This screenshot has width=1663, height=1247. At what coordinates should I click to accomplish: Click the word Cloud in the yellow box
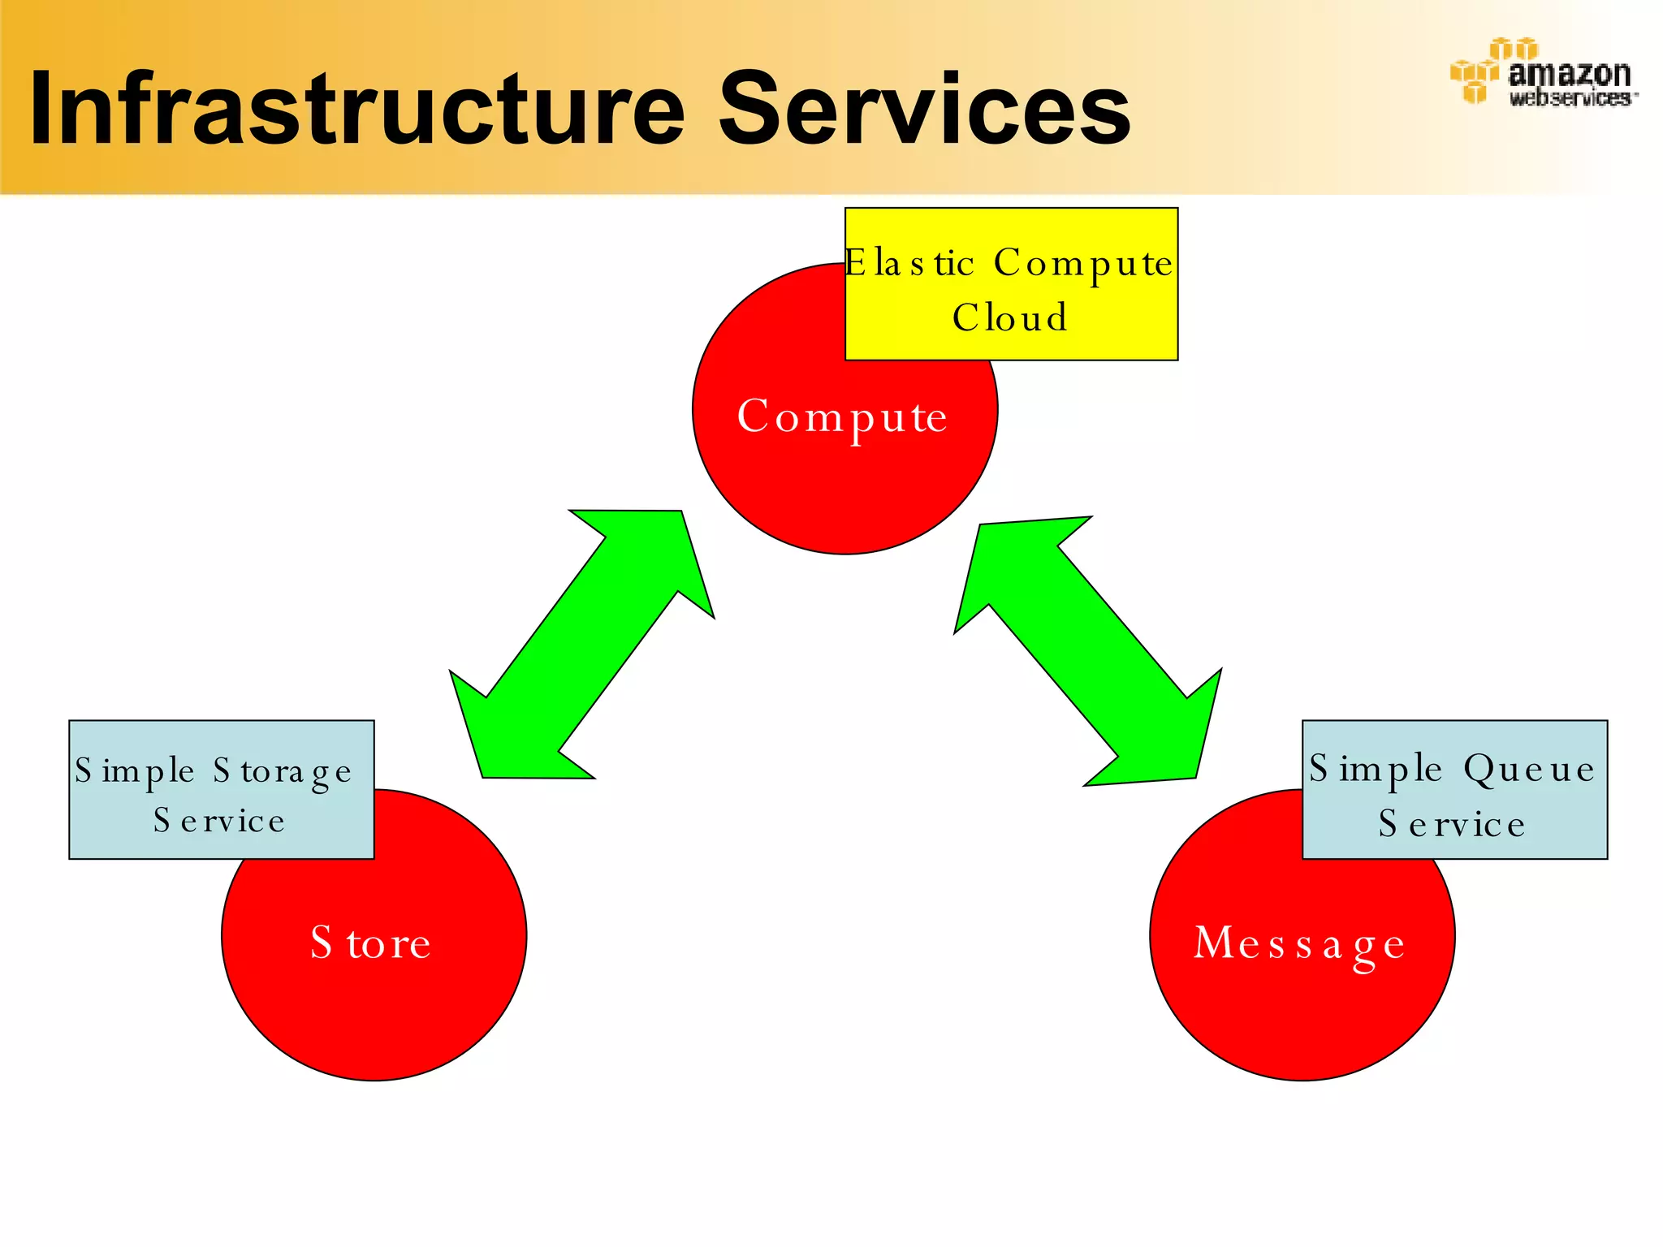[x=1010, y=317]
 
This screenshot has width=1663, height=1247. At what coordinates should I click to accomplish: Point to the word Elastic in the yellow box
[x=909, y=263]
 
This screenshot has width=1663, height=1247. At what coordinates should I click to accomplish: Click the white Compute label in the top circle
[x=842, y=417]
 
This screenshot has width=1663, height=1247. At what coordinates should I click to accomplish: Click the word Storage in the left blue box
[x=283, y=771]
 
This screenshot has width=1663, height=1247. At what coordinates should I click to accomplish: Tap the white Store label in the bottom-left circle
[x=371, y=943]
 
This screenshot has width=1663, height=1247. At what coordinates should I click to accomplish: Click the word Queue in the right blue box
[x=1529, y=770]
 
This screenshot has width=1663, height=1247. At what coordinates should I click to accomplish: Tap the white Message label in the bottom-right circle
[x=1299, y=944]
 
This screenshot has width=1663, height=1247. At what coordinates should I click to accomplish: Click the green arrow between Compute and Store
[x=581, y=644]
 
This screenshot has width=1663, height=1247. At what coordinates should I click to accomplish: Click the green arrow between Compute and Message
[x=1088, y=650]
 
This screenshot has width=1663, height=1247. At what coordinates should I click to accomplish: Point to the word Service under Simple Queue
[x=1452, y=824]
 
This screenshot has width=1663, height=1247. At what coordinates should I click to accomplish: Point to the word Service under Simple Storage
[x=219, y=821]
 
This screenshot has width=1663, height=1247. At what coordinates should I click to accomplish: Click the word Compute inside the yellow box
[x=1083, y=263]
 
